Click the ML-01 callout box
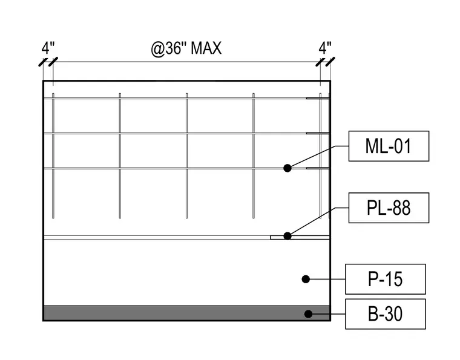point(389,146)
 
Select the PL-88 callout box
point(389,208)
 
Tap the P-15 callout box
point(386,279)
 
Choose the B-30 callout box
point(386,314)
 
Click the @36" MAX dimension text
point(186,48)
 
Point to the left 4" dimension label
point(48,48)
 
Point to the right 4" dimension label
point(325,48)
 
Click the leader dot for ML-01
point(287,168)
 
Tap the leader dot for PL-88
point(287,236)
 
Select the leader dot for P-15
point(306,279)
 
